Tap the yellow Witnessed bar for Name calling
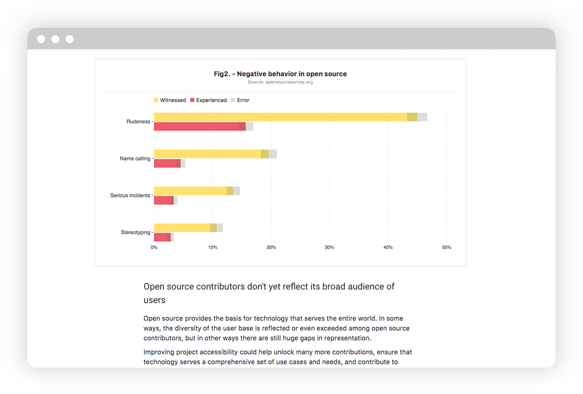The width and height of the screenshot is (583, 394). coord(207,154)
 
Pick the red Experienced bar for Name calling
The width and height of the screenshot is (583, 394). coord(167,164)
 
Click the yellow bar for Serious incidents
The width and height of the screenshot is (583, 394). coord(190,191)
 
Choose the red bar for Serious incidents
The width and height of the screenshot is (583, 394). coord(163,200)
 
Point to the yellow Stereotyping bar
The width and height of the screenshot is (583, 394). coord(181,228)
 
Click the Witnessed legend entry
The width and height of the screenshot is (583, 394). coord(170,100)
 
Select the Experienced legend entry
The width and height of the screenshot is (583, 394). coord(208,100)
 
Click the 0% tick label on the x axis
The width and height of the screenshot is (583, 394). coord(154,247)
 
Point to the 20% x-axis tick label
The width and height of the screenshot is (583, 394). coord(271,247)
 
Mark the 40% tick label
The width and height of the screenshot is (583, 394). coord(388,247)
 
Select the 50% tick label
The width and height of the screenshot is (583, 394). coord(447,247)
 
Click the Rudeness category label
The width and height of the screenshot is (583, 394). coord(138,122)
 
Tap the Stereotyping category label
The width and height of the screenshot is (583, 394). coord(135,232)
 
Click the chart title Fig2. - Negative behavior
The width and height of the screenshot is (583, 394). coord(280,74)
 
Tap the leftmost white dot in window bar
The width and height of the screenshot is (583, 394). coord(41,39)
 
